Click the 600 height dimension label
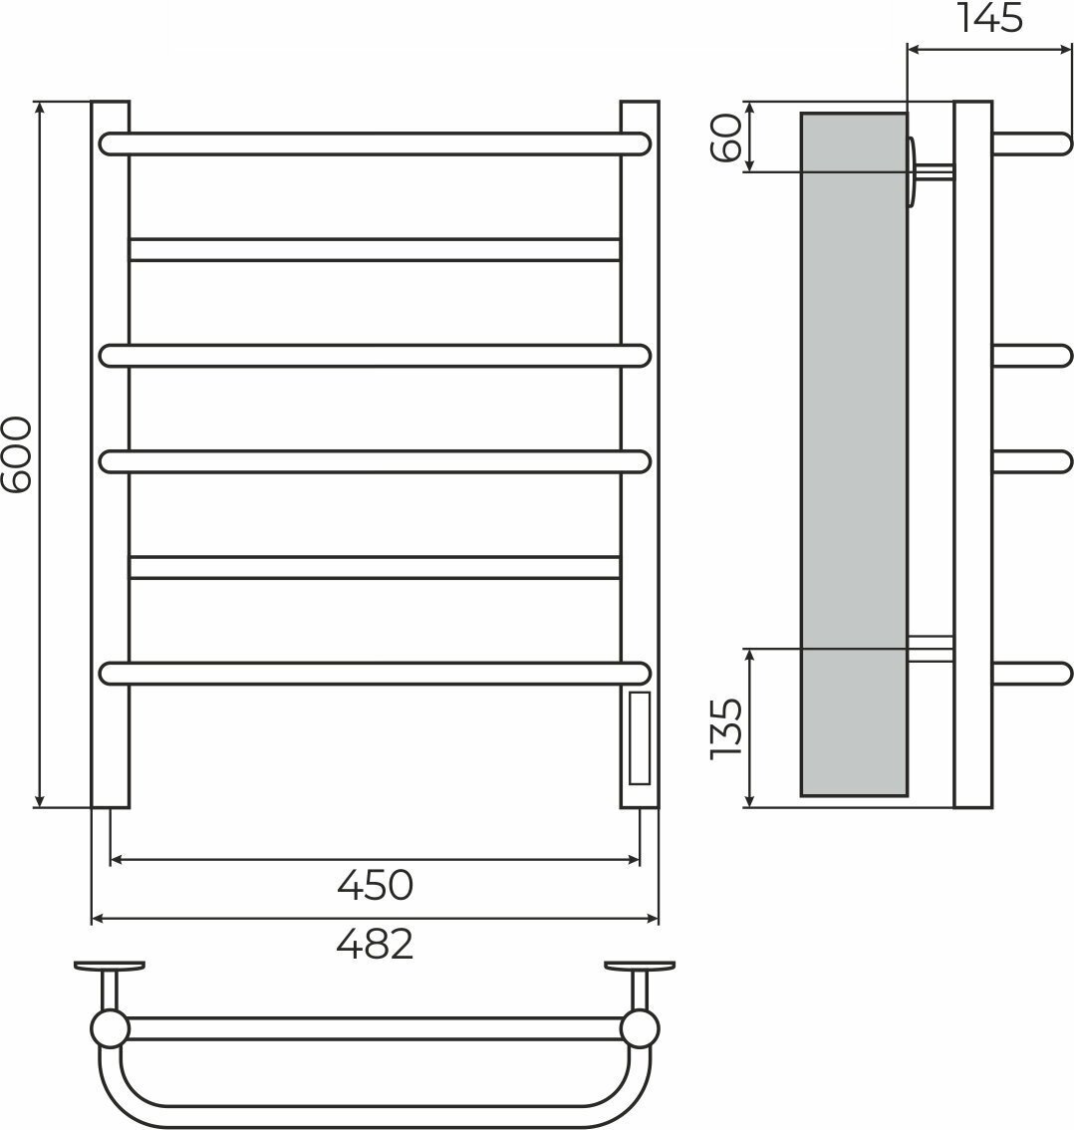pos(17,454)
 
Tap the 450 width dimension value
pos(376,885)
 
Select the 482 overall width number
pos(376,944)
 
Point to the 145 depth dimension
pos(989,18)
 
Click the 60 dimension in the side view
pos(725,138)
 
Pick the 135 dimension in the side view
pos(725,727)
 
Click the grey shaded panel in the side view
pos(854,454)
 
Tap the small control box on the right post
pos(640,738)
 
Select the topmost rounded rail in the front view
pos(376,144)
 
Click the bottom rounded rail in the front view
pos(376,673)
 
